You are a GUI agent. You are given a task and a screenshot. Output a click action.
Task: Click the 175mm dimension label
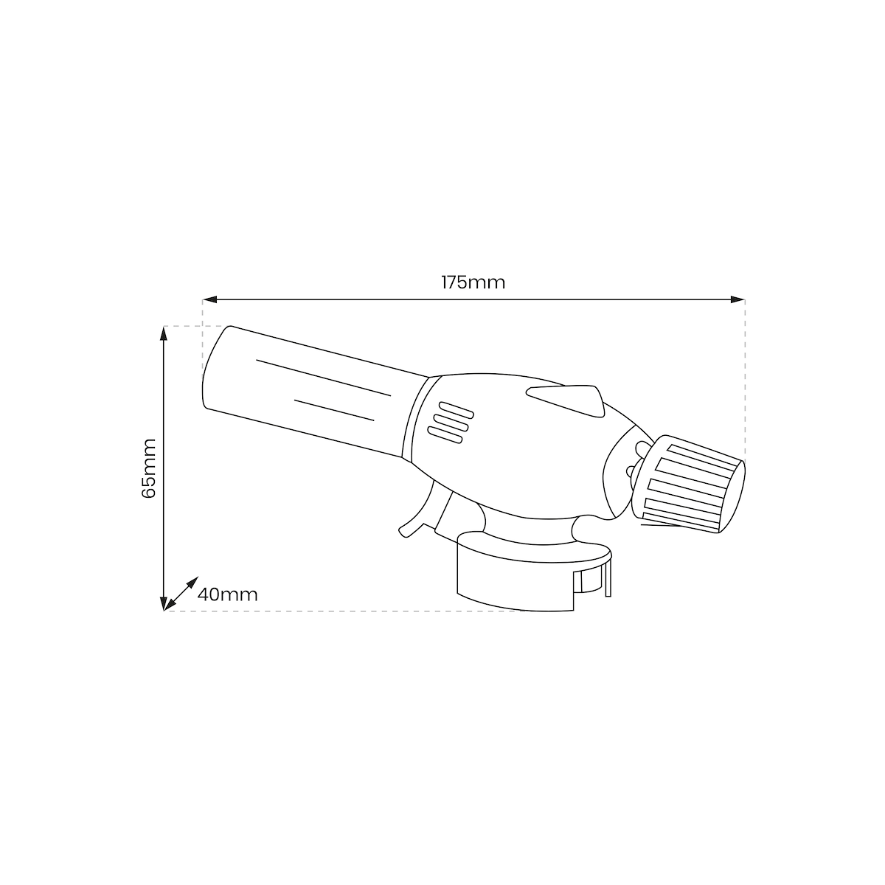tap(473, 282)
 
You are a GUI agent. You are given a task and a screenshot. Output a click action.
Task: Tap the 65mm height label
tap(149, 468)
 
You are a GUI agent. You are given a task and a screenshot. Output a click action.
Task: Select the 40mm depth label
tap(227, 594)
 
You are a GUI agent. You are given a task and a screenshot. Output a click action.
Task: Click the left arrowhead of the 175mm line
tap(210, 300)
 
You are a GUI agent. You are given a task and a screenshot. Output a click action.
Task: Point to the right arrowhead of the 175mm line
tap(737, 300)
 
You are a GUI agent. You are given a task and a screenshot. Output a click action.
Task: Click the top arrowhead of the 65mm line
tap(164, 333)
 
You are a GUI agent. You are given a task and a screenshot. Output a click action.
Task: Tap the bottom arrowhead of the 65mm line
tap(164, 603)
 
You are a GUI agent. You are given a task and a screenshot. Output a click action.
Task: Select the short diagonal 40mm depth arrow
tap(181, 594)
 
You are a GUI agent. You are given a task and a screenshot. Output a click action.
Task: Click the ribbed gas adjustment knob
tap(688, 484)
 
